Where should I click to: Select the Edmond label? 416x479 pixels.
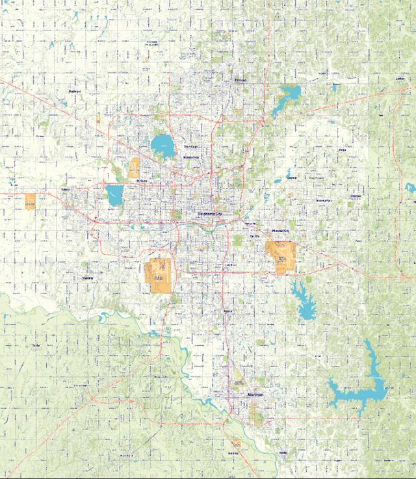pyautogui.click(x=241, y=80)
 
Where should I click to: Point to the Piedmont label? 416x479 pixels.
pyautogui.click(x=74, y=92)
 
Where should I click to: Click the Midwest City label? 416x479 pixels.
pyautogui.click(x=281, y=231)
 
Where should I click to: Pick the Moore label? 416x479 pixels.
pyautogui.click(x=227, y=311)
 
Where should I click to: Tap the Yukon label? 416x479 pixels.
pyautogui.click(x=65, y=190)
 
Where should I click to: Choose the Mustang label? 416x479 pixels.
pyautogui.click(x=88, y=278)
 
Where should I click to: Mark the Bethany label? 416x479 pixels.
pyautogui.click(x=142, y=180)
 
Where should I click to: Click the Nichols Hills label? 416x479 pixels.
pyautogui.click(x=191, y=157)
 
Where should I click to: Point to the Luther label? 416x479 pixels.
pyautogui.click(x=400, y=79)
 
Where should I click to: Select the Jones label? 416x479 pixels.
pyautogui.click(x=342, y=149)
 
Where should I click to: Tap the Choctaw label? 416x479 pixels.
pyautogui.click(x=356, y=196)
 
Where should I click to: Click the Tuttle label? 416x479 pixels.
pyautogui.click(x=36, y=345)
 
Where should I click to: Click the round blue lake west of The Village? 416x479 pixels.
pyautogui.click(x=162, y=146)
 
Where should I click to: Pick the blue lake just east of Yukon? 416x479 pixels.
pyautogui.click(x=115, y=195)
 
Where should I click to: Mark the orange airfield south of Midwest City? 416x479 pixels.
pyautogui.click(x=280, y=257)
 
